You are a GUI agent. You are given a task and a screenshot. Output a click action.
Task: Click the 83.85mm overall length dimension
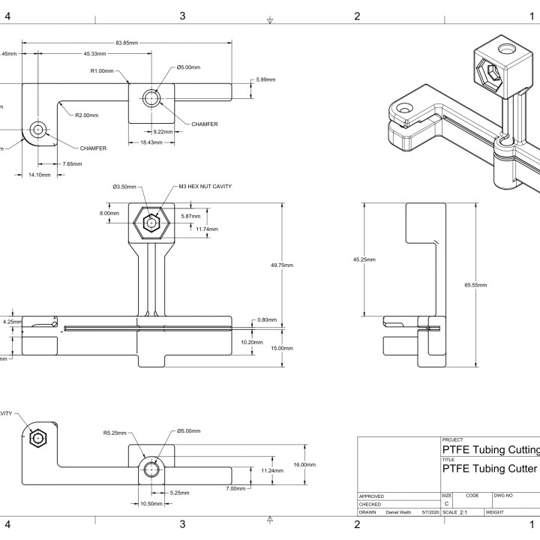coord(127,43)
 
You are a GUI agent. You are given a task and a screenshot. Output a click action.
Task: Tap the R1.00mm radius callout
coord(102,71)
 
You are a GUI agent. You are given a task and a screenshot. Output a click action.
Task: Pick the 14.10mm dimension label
coord(39,175)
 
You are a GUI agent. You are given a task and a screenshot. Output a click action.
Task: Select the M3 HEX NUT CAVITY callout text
coord(205,187)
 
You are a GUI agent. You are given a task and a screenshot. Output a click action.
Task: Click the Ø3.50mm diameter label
coord(124,187)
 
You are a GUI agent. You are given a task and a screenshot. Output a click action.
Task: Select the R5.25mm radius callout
coord(115,433)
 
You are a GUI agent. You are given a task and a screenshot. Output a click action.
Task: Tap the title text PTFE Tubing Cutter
coord(489,469)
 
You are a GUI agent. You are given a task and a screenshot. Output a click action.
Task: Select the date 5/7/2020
coord(430,512)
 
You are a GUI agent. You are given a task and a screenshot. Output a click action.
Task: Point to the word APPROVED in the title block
coord(372,496)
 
